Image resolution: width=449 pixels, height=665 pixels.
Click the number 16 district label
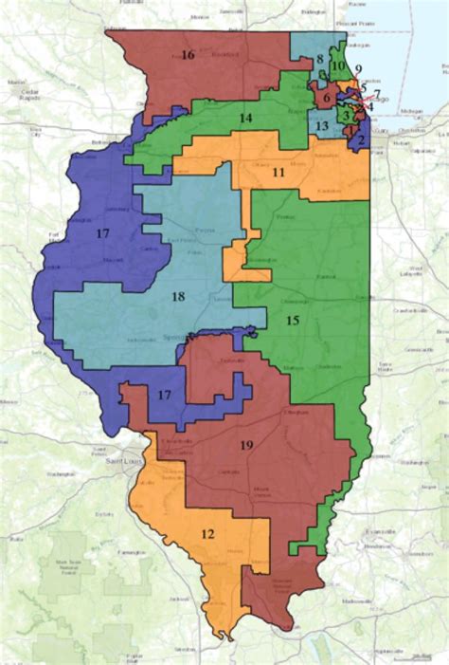pos(188,55)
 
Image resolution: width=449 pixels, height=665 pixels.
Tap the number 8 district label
pos(320,60)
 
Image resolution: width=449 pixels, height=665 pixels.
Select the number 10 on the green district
pos(337,65)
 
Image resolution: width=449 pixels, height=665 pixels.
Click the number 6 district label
pos(327,97)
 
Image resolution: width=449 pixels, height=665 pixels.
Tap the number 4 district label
pos(370,106)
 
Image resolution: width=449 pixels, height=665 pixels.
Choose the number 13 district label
pos(322,126)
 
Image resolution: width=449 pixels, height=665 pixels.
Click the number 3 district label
pos(347,116)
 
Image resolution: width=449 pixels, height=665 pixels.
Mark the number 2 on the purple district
pos(361,139)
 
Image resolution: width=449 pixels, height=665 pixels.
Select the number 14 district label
pos(245,119)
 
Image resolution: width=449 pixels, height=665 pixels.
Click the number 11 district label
pos(279,174)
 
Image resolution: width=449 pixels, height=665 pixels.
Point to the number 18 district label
pos(177,297)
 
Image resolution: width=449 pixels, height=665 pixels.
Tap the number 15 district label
pos(293,322)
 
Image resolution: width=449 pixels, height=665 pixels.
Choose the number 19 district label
pos(245,444)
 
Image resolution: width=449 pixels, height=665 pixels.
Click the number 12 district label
pos(207,534)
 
